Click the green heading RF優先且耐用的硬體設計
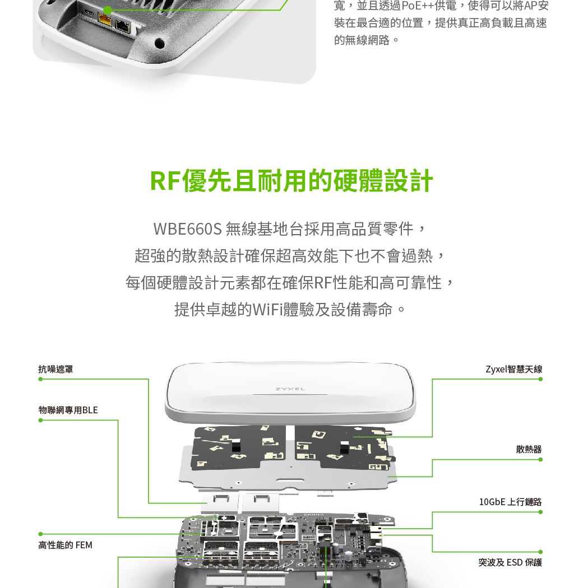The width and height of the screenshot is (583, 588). pyautogui.click(x=291, y=181)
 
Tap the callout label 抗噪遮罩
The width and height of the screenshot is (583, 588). pyautogui.click(x=55, y=370)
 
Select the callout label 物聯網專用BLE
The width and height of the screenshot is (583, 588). pyautogui.click(x=68, y=410)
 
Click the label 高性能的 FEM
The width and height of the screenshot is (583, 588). pyautogui.click(x=66, y=545)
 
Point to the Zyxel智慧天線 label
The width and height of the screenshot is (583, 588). pyautogui.click(x=514, y=370)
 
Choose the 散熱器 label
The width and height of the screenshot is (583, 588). pyautogui.click(x=529, y=449)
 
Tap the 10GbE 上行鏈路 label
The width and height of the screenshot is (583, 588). pyautogui.click(x=511, y=502)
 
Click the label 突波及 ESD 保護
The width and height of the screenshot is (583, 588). pyautogui.click(x=510, y=562)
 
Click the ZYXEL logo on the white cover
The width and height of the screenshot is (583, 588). pyautogui.click(x=290, y=389)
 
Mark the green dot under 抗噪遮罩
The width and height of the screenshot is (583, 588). pyautogui.click(x=40, y=379)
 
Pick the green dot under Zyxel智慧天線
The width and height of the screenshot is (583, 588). pyautogui.click(x=540, y=379)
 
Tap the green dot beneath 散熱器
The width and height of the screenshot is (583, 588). pyautogui.click(x=540, y=460)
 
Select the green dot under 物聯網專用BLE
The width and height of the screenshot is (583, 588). pyautogui.click(x=40, y=421)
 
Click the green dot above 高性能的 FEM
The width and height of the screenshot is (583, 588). pyautogui.click(x=40, y=534)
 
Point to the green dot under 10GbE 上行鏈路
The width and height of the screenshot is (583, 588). pyautogui.click(x=540, y=512)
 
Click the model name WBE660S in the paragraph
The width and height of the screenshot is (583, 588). pyautogui.click(x=188, y=228)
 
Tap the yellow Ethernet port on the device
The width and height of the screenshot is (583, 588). pyautogui.click(x=105, y=18)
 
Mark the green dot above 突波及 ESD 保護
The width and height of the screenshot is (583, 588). pyautogui.click(x=540, y=552)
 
